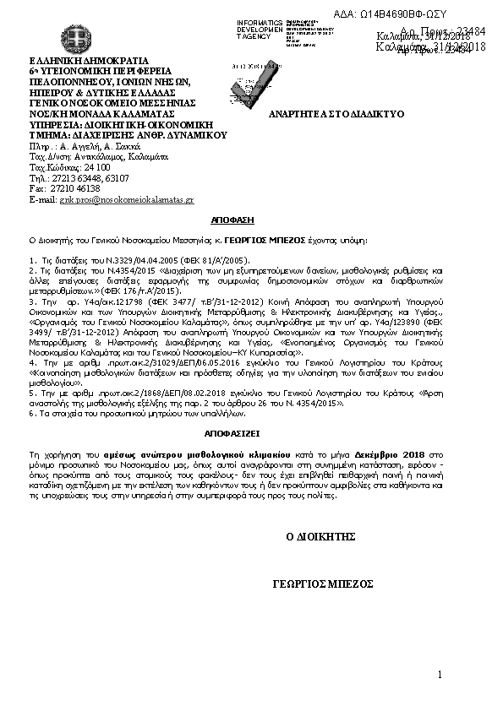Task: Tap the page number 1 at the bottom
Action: point(441,674)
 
